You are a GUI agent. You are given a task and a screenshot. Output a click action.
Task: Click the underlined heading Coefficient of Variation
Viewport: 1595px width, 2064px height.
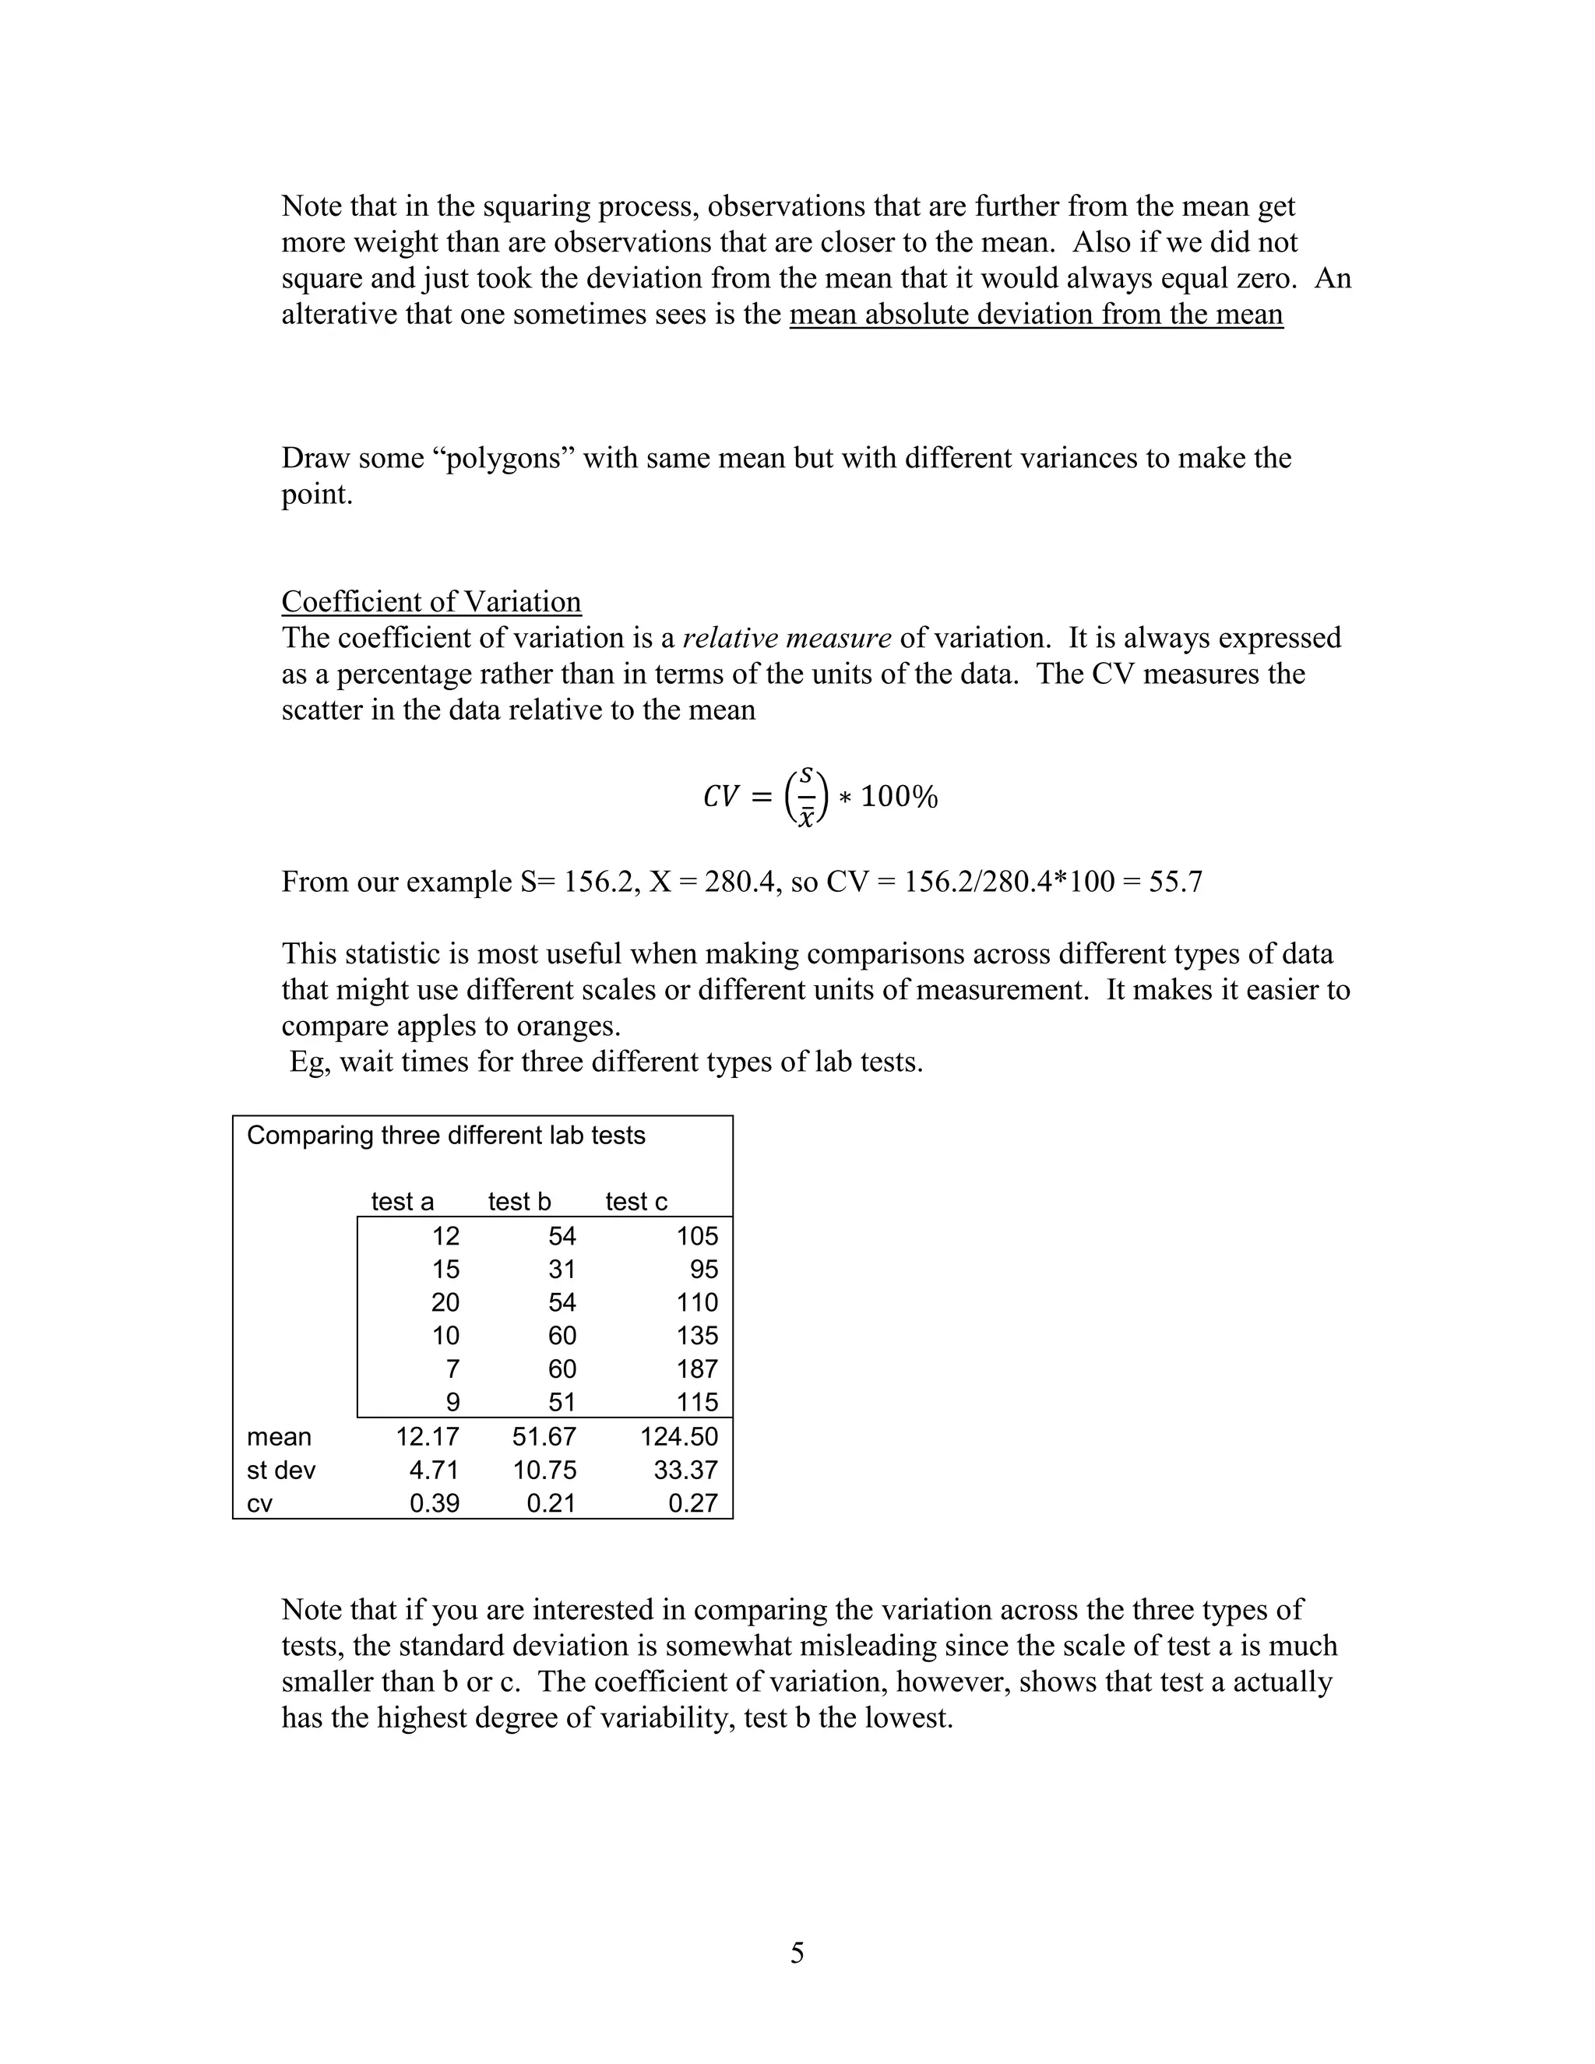click(431, 602)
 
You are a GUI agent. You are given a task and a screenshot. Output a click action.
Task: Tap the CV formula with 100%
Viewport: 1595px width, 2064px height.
click(819, 797)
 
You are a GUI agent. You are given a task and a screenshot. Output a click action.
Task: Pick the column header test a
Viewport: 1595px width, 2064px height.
click(403, 1201)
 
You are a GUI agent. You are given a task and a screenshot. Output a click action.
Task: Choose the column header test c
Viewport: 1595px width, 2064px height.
click(636, 1201)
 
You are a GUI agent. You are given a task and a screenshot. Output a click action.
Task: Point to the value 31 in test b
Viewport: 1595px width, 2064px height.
click(562, 1270)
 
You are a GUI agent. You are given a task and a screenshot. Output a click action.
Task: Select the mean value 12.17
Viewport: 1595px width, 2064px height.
click(427, 1436)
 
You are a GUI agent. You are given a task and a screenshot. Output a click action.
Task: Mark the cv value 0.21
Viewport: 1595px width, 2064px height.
click(551, 1502)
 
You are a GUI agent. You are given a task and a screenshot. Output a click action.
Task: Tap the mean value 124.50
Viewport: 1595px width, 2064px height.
click(678, 1436)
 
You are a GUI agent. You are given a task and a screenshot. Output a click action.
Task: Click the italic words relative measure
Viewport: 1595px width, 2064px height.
click(786, 638)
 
